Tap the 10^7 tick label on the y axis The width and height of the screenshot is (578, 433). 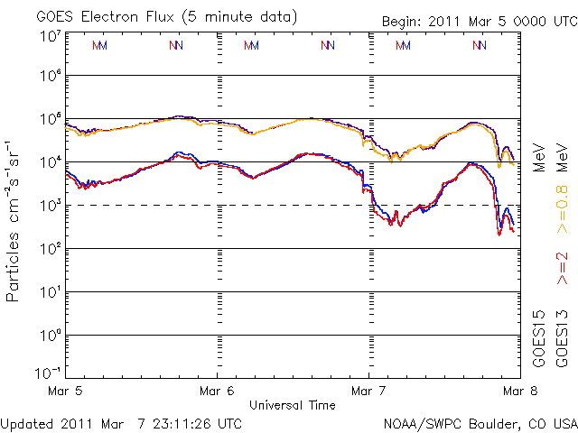click(50, 36)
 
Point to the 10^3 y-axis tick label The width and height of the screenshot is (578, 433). click(50, 206)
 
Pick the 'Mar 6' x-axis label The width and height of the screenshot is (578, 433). click(217, 392)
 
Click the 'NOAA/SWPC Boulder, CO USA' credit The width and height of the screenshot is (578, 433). click(480, 423)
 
